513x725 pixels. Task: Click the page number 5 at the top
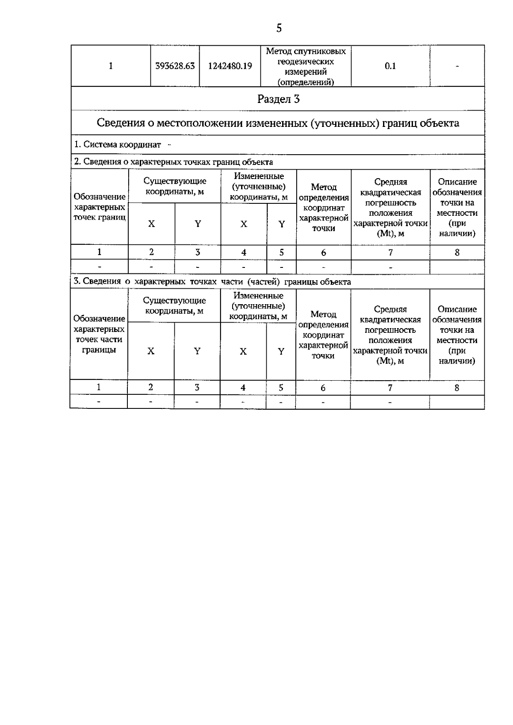tap(279, 29)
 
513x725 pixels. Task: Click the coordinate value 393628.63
tap(175, 66)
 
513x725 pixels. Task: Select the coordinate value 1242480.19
tap(230, 66)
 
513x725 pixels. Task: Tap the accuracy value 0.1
tap(390, 66)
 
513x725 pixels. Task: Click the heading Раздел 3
tap(278, 99)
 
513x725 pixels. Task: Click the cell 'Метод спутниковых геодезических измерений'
tap(306, 66)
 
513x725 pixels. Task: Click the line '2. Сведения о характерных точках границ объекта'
tap(173, 162)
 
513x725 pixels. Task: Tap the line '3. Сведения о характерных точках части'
tap(212, 282)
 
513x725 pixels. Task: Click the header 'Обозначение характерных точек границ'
tap(100, 207)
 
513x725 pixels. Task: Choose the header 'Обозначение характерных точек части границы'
tap(99, 334)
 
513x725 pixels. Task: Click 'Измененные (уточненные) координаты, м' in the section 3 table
tap(258, 306)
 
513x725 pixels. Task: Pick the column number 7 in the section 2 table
tap(390, 252)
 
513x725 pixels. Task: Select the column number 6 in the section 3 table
tap(323, 388)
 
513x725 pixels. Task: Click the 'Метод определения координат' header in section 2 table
tap(324, 208)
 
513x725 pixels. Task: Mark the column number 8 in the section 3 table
tap(457, 388)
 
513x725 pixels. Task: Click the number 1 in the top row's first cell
tap(111, 66)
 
